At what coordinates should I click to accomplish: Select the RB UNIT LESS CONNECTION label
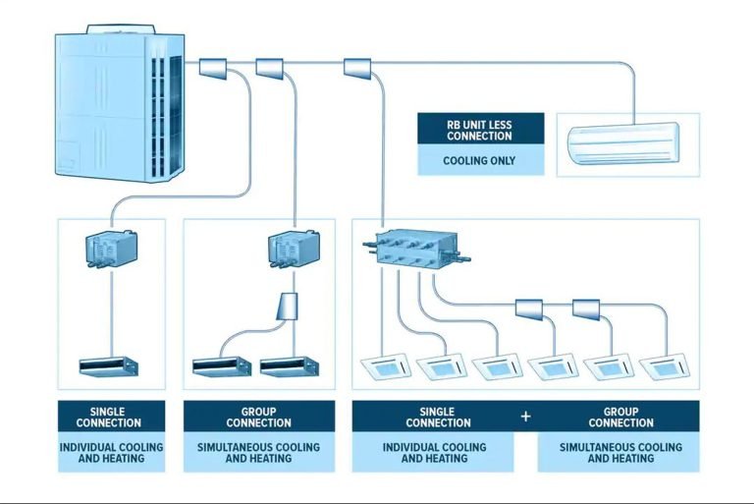tap(479, 129)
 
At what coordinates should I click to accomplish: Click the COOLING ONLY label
tap(479, 160)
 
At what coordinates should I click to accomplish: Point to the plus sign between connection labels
tap(525, 417)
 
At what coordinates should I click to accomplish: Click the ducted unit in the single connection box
tap(109, 366)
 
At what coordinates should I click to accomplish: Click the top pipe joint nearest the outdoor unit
tap(213, 68)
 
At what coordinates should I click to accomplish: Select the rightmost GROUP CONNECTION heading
tap(619, 417)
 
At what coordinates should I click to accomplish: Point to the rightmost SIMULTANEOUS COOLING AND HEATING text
tap(619, 453)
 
